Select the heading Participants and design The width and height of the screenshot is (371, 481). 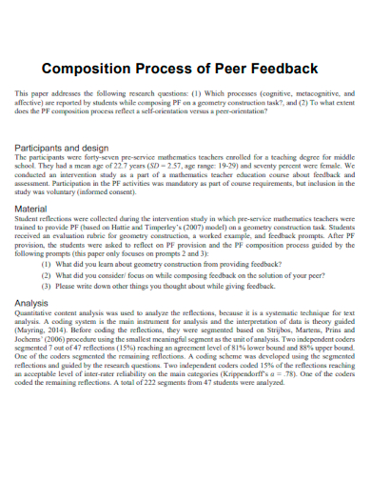(x=69, y=149)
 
